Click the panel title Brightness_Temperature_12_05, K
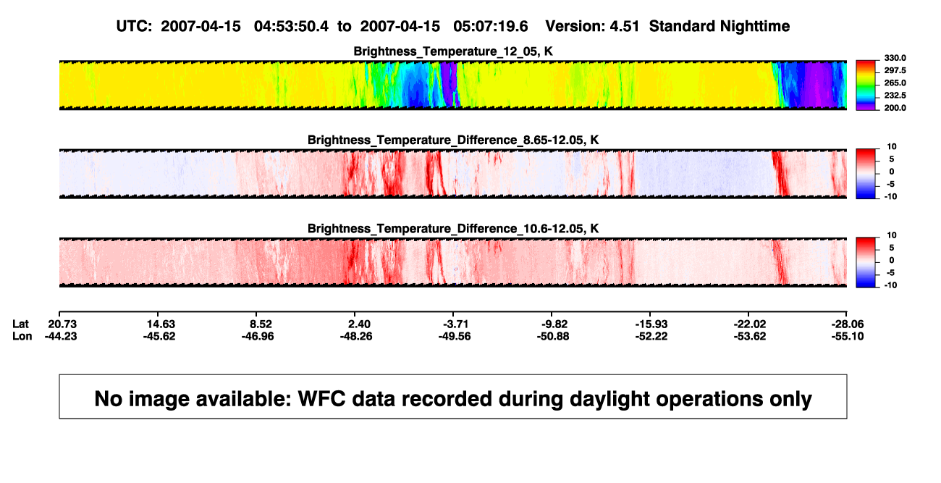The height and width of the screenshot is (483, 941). (453, 51)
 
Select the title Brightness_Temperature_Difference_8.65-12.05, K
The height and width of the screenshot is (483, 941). (453, 140)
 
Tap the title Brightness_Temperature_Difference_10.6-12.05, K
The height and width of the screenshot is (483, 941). (453, 229)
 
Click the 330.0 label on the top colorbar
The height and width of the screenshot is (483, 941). (895, 58)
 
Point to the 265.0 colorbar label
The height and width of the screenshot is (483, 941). (895, 83)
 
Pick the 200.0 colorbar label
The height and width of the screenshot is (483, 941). (895, 108)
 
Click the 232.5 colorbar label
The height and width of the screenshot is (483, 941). (895, 96)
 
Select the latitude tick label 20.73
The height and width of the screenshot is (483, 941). (62, 324)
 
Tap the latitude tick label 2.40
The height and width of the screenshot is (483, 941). (359, 324)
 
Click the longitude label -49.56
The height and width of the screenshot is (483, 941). (455, 336)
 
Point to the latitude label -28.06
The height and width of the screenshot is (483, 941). (848, 324)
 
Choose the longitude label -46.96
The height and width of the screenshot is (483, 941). (258, 336)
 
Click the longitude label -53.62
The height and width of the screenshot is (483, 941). (750, 336)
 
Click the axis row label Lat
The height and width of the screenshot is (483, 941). (20, 324)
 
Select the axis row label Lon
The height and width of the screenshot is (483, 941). (22, 336)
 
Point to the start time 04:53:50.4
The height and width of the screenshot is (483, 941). (291, 26)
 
